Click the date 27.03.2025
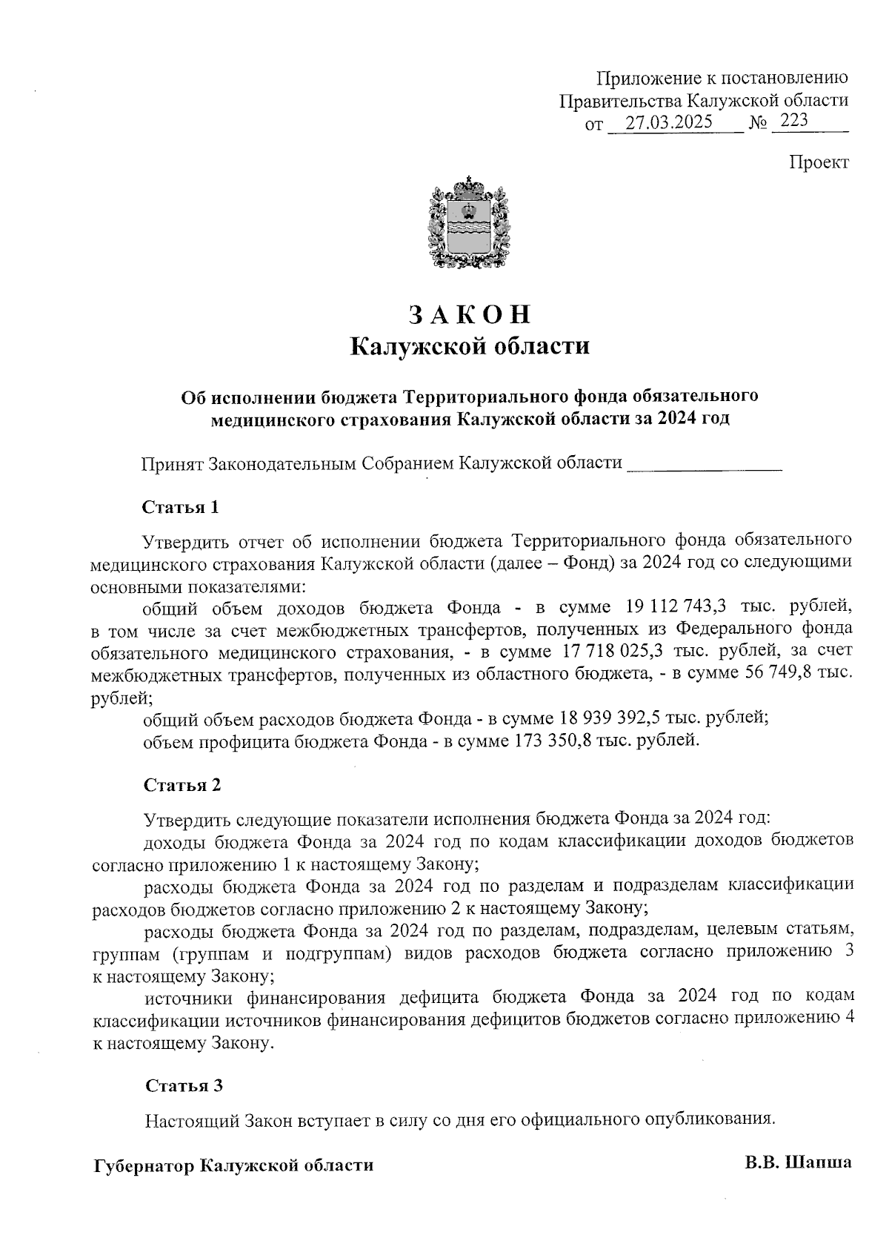(668, 123)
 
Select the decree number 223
(793, 121)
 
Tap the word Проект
(819, 162)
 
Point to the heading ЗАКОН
(470, 314)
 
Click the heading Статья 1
(180, 508)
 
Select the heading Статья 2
(182, 785)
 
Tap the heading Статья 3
(184, 1086)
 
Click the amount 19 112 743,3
(674, 607)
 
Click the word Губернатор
(145, 1165)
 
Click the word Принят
(172, 464)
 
